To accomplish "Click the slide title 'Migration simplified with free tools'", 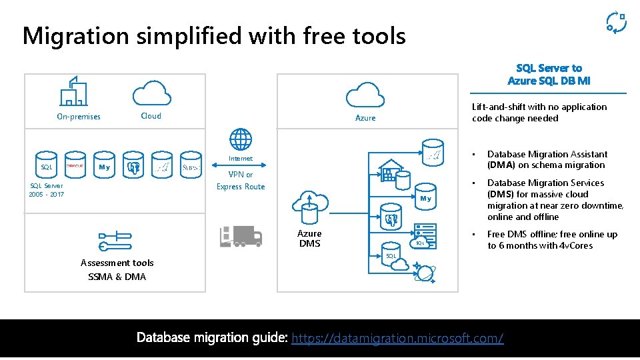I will point(213,35).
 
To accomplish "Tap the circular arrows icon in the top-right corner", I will point(615,22).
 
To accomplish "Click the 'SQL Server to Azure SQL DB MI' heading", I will point(549,74).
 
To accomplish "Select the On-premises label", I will point(79,117).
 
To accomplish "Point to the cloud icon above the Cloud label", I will point(151,92).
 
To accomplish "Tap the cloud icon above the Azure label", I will point(365,94).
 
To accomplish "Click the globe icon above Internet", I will point(241,140).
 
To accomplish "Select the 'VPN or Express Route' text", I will point(241,181).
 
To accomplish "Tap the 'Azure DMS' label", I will point(309,238).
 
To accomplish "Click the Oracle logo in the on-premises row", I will point(75,166).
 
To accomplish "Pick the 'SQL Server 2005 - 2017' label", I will point(46,190).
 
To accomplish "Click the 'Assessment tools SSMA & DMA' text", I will point(117,270).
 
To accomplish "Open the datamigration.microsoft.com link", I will point(398,338).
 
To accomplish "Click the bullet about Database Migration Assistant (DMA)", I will point(547,159).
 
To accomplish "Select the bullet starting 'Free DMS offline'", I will point(552,239).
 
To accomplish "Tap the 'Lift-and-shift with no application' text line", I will point(539,107).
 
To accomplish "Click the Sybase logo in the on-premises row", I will point(191,167).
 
